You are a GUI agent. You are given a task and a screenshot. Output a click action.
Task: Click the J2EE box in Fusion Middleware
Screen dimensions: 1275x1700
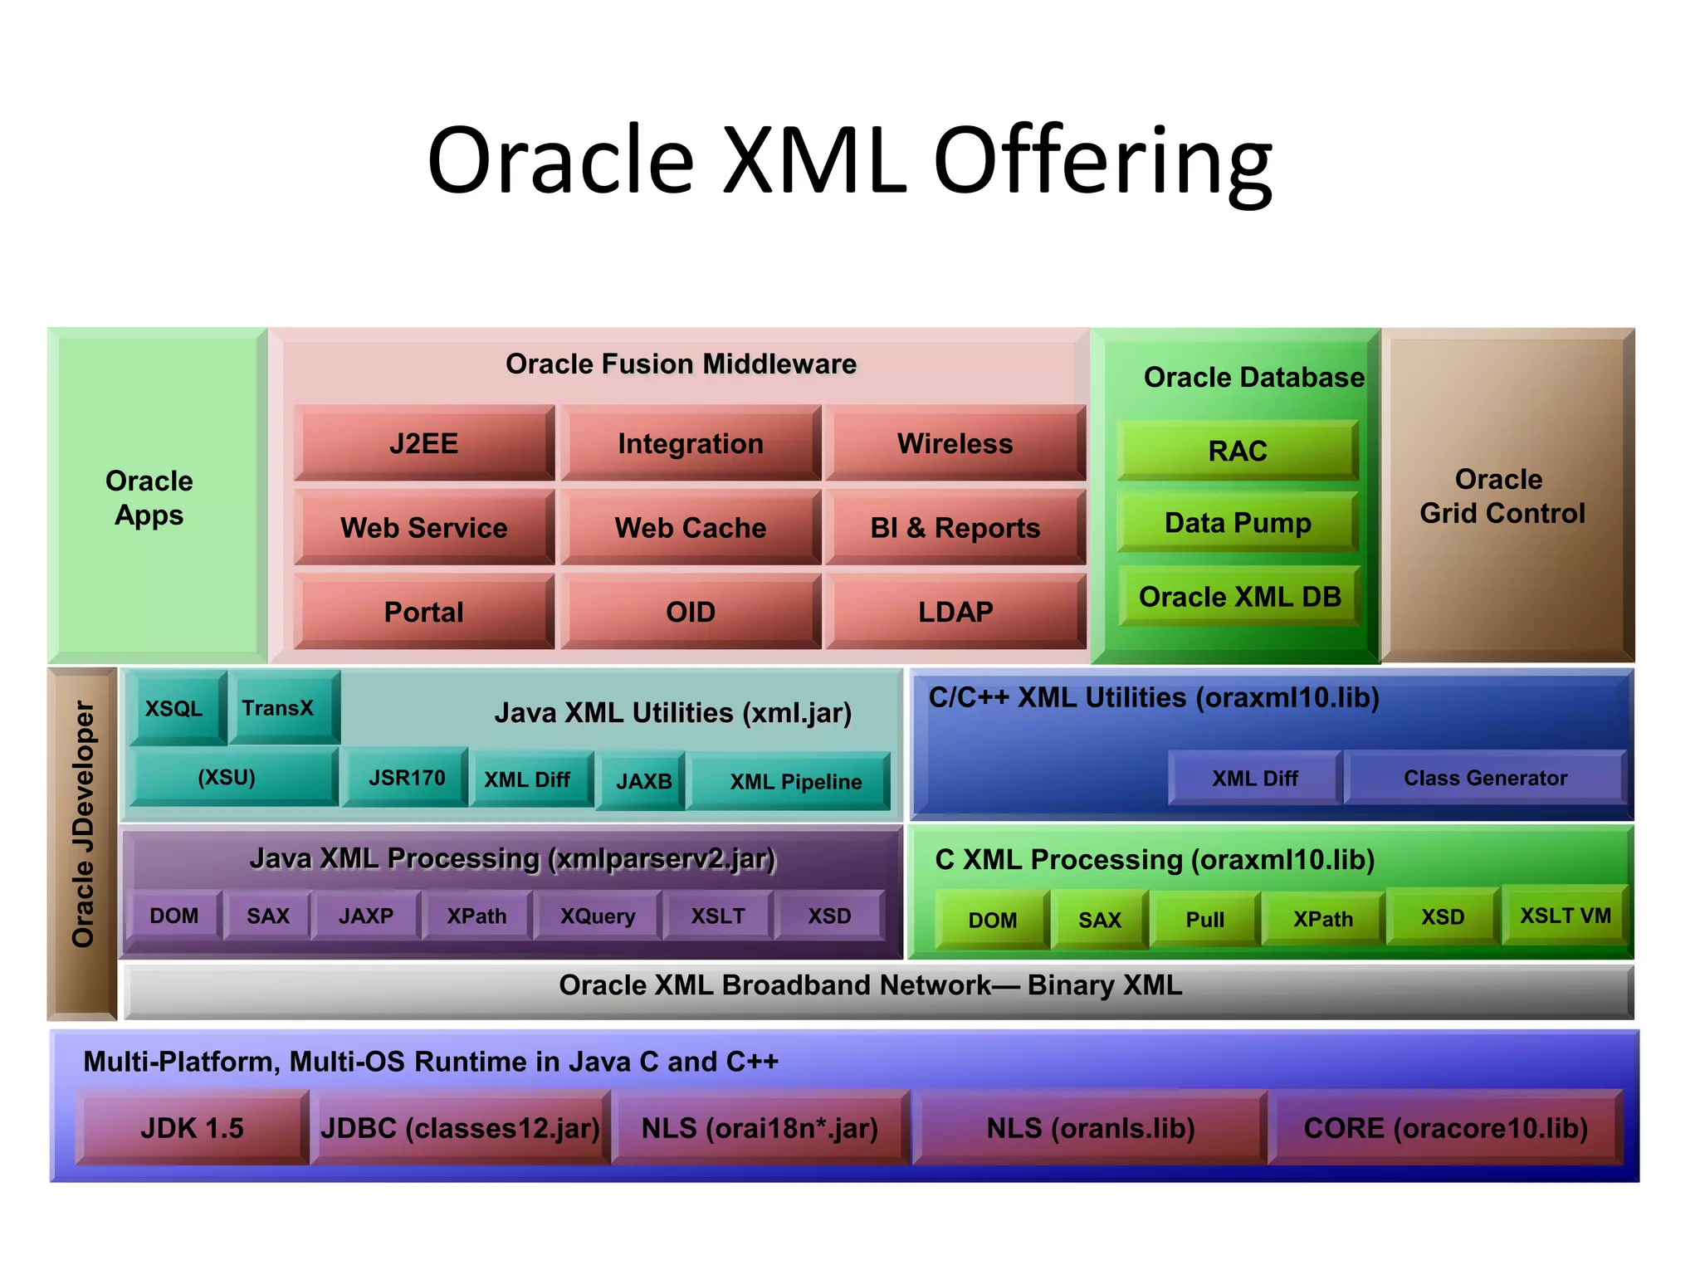click(423, 443)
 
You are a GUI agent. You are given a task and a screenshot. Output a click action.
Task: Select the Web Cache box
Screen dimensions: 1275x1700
click(690, 528)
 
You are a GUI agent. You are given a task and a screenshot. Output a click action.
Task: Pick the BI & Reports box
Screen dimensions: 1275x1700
click(955, 528)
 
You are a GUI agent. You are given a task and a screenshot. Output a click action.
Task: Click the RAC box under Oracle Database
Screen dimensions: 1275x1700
click(1237, 451)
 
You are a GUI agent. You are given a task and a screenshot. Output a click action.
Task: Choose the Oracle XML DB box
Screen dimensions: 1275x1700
click(1239, 597)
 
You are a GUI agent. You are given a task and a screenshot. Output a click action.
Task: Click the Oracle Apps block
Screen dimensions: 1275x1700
click(149, 497)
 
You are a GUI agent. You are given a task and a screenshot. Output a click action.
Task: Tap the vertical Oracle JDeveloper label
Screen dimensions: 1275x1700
click(82, 825)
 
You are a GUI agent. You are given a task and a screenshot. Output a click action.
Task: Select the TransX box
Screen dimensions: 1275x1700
click(279, 708)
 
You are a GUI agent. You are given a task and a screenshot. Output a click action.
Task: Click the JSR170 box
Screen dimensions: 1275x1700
click(406, 778)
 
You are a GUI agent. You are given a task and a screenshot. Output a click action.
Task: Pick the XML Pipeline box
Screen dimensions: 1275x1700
click(794, 782)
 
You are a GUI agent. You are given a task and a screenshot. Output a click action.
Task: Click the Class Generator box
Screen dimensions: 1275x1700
click(1484, 778)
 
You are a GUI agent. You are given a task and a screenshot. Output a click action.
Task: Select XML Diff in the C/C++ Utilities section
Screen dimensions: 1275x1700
click(1254, 778)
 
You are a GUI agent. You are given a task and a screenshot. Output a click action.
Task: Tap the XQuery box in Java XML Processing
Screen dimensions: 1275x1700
click(598, 916)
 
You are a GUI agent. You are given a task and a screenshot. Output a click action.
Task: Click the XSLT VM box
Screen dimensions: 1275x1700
click(1565, 916)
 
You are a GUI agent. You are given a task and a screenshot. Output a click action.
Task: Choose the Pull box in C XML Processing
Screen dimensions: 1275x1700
click(1204, 920)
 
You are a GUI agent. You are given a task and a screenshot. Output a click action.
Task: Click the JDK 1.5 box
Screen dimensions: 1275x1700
click(192, 1128)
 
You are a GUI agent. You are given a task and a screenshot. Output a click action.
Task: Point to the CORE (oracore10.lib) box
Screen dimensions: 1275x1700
click(1444, 1128)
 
